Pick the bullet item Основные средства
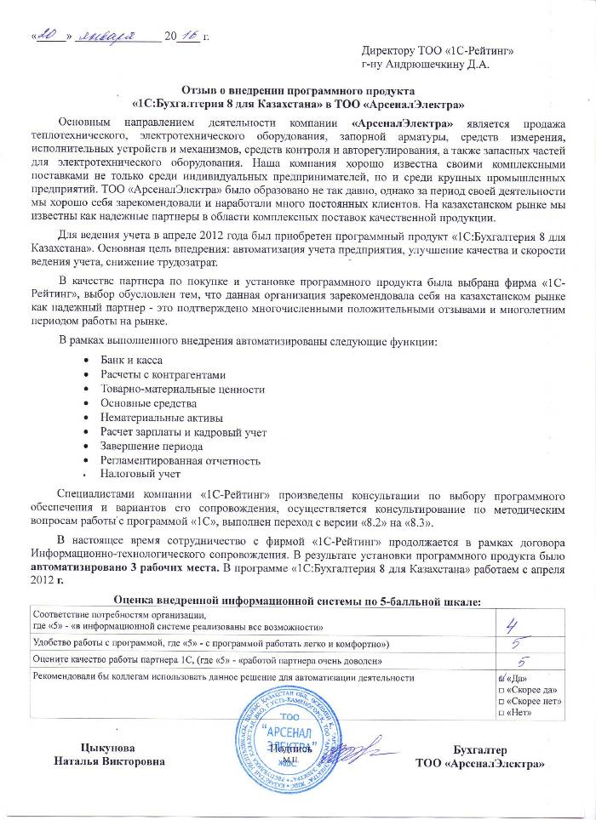[x=148, y=402]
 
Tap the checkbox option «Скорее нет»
[x=501, y=700]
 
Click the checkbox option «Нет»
[x=501, y=712]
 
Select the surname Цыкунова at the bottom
[x=107, y=749]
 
